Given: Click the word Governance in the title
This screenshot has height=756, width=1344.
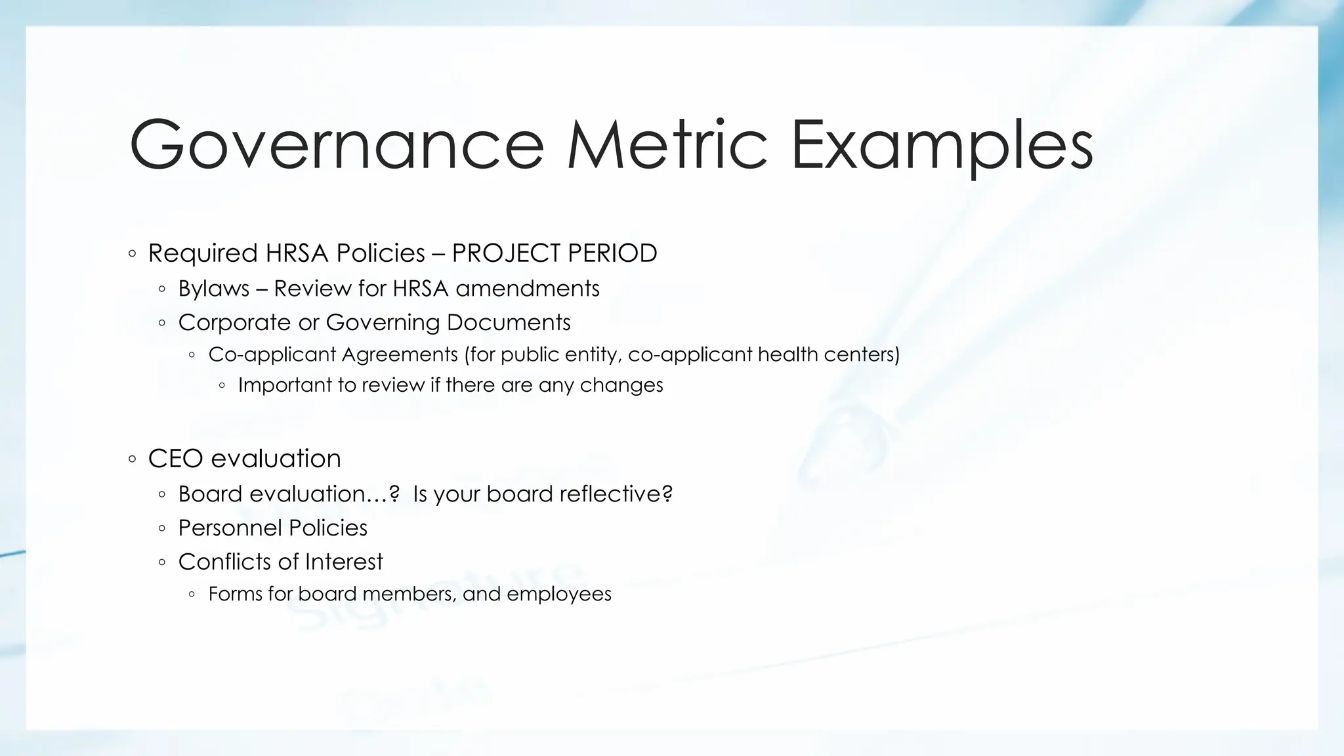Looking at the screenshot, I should pos(337,144).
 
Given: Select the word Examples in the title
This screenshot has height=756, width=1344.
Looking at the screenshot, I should pos(942,144).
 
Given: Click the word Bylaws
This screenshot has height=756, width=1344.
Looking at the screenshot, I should pos(214,289).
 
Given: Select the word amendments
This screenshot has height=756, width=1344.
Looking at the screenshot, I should pos(528,289).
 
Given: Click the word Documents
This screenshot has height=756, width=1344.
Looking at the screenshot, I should pos(509,323).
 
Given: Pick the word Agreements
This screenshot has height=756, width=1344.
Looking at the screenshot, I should pos(400,355).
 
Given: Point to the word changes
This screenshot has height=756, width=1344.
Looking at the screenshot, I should pos(621,385).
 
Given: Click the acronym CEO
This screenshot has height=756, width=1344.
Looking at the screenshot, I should pos(175,459).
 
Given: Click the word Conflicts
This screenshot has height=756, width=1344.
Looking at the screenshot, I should pos(223,562).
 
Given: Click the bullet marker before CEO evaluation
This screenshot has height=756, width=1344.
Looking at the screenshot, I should pos(133,459).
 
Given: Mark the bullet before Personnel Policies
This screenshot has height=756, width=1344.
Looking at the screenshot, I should pos(162,528).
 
